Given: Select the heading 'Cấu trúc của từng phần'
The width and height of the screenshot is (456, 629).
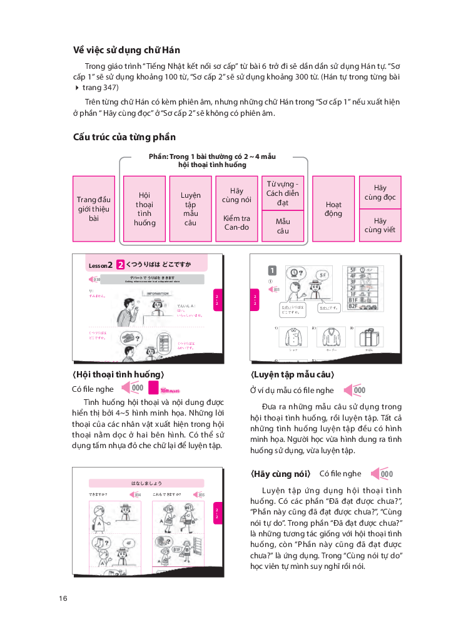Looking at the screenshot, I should click(x=124, y=137).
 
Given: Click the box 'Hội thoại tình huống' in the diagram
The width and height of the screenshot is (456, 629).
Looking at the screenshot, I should click(x=144, y=209).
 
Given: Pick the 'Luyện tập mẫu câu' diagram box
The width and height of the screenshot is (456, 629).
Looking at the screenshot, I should click(x=190, y=209).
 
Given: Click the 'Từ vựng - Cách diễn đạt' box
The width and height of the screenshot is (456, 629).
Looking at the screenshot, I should click(x=283, y=193).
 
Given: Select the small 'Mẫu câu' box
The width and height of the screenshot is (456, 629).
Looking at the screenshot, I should click(x=283, y=226).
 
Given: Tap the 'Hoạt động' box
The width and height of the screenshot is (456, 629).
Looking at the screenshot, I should click(x=333, y=209).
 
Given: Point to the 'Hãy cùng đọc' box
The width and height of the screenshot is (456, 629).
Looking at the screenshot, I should click(x=380, y=192).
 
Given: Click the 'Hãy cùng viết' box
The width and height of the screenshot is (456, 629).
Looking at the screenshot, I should click(x=380, y=226).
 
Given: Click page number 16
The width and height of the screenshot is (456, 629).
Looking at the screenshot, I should click(x=63, y=598).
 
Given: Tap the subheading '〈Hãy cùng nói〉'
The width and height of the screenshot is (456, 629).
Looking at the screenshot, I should click(x=280, y=473).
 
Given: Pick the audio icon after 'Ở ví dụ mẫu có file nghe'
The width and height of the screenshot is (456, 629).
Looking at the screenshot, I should click(x=355, y=390).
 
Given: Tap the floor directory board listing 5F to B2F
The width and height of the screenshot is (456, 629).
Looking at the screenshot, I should click(x=359, y=290).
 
